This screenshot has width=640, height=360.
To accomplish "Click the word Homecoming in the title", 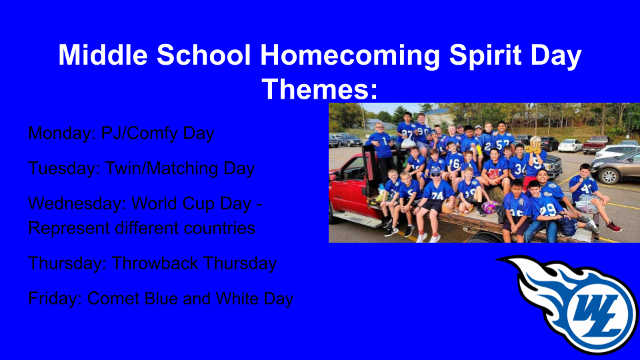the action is [350, 55].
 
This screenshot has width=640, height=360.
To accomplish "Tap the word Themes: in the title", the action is [319, 89].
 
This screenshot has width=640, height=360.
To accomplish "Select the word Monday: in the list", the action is [62, 133].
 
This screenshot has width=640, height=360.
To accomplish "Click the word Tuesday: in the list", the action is [64, 169].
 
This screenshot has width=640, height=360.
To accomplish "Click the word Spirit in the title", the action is [485, 55].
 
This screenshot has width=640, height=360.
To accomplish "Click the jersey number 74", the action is [437, 195].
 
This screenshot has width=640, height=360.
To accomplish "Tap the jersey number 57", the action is [503, 145].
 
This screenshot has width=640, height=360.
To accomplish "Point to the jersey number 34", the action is [520, 169].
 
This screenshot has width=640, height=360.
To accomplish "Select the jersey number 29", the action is [547, 210].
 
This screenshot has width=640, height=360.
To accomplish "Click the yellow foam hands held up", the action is [534, 148].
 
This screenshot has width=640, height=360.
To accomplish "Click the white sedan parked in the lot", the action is [569, 145].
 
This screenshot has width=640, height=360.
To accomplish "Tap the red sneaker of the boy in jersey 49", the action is [614, 226].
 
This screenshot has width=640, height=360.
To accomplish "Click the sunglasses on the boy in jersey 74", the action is [435, 174].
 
